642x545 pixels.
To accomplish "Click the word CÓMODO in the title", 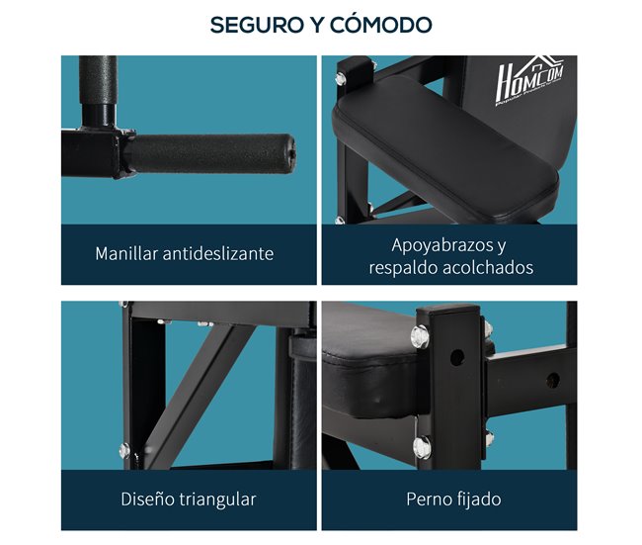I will [381, 25].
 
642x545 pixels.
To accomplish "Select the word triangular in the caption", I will [218, 499].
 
